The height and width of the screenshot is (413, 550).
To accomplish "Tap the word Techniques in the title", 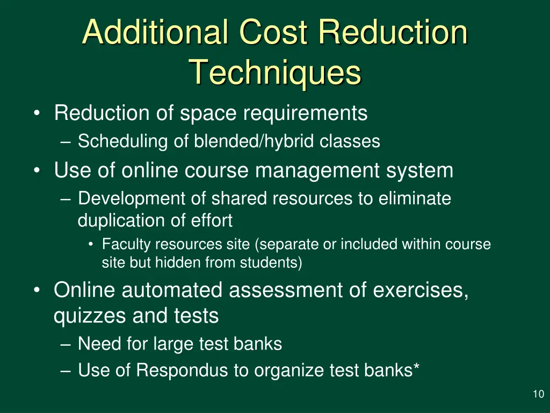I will [275, 73].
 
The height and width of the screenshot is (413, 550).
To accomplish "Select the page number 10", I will [538, 395].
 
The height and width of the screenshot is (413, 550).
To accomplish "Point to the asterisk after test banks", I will [416, 368].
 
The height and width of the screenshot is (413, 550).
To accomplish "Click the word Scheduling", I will [123, 141].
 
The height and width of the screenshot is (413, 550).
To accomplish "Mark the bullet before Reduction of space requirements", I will [36, 113].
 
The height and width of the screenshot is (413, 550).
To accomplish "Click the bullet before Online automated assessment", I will [36, 290].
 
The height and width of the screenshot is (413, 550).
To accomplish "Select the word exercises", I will [421, 290].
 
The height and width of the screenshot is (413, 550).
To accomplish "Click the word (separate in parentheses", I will [287, 244].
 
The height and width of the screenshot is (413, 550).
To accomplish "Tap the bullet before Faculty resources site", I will [92, 245].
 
